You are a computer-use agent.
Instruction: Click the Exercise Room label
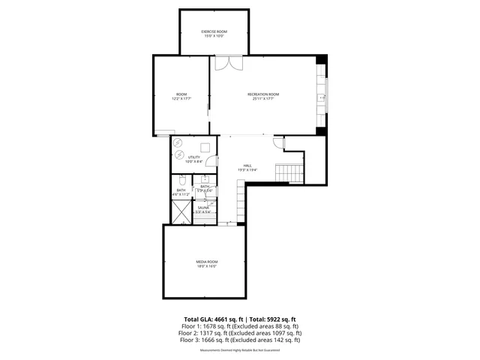pos(214,31)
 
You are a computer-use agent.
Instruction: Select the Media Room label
pos(206,261)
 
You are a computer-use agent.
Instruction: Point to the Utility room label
pos(194,157)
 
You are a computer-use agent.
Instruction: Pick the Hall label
pos(247,166)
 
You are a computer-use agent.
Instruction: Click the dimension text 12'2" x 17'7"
pos(181,98)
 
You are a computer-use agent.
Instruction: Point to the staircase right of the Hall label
pos(289,173)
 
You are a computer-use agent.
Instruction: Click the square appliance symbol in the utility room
pos(203,147)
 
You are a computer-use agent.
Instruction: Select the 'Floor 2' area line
pos(240,333)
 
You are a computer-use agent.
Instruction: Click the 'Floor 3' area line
pos(240,340)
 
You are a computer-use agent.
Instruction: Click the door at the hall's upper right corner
pos(278,142)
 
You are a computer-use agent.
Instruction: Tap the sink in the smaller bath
pos(204,180)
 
